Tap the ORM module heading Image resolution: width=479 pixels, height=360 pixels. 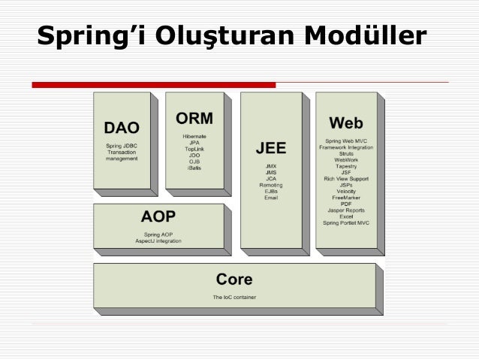[194, 119]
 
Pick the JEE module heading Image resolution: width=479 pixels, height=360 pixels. [270, 147]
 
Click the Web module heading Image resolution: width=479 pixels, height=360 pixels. [345, 123]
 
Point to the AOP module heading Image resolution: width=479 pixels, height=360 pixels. [158, 217]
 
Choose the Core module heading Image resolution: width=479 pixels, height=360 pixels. [233, 280]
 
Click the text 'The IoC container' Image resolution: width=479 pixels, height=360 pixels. [233, 297]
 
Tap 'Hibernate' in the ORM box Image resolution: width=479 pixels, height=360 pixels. [194, 136]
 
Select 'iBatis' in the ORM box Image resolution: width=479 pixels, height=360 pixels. [194, 168]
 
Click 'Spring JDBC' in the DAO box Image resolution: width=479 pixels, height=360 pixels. [121, 144]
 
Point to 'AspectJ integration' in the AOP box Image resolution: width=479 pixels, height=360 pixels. [158, 241]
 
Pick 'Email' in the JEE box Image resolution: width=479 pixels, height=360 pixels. [270, 197]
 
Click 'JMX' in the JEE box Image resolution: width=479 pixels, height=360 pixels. [270, 165]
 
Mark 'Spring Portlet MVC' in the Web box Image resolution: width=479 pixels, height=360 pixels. [346, 222]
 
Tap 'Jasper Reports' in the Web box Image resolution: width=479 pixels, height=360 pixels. [346, 210]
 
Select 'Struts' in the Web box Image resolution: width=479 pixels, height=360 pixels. [346, 153]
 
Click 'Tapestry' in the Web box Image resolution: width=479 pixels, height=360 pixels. [346, 166]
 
